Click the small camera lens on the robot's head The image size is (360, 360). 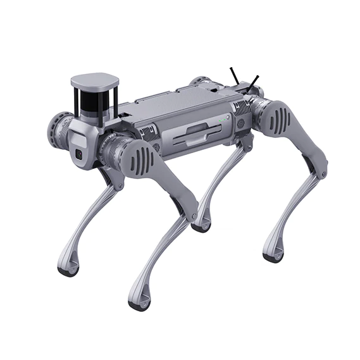pyautogui.click(x=79, y=154)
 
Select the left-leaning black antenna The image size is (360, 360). pyautogui.click(x=234, y=76)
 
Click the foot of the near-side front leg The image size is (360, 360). pyautogui.click(x=139, y=302)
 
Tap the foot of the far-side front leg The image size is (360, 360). pyautogui.click(x=68, y=268)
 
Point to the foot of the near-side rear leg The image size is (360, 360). pyautogui.click(x=273, y=255)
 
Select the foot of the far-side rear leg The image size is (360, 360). pyautogui.click(x=202, y=225)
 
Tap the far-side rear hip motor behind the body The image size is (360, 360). pyautogui.click(x=201, y=82)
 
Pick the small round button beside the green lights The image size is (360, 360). pyautogui.click(x=228, y=117)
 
